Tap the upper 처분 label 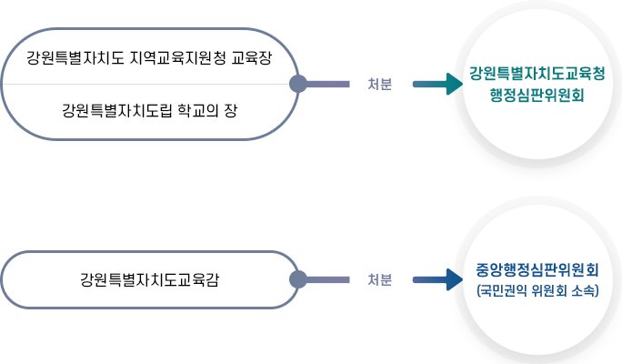coord(380,85)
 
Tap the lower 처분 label coord(380,279)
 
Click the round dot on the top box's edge coord(297,85)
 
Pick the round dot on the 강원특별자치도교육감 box coord(297,279)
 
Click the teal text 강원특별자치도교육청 coord(536,75)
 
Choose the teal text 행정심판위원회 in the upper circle coord(536,95)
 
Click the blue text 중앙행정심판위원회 coord(536,270)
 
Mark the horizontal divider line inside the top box coord(145,85)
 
